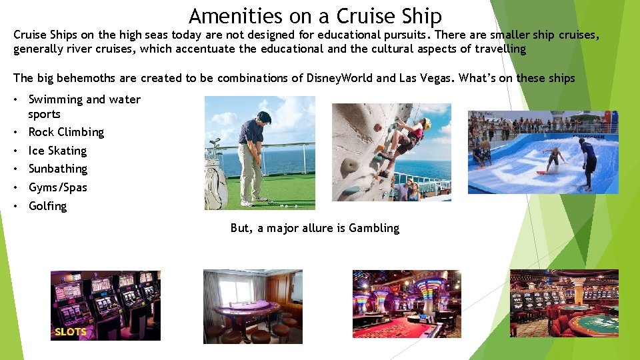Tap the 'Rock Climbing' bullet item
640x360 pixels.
66,132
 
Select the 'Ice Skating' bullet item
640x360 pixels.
57,151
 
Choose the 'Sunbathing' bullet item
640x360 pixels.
58,169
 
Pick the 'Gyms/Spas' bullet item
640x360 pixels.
57,187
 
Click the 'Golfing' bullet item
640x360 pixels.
47,206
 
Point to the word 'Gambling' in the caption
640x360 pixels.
374,228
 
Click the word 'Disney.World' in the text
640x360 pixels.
340,78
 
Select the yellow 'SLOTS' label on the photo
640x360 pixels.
70,331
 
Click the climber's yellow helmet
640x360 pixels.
425,123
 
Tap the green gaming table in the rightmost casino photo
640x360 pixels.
594,325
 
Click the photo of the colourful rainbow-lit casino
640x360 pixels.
406,303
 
